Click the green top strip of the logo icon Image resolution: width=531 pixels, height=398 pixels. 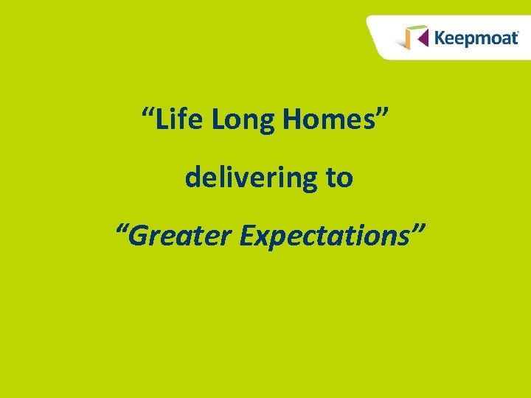[417, 27]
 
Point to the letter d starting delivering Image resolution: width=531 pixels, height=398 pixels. [192, 178]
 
